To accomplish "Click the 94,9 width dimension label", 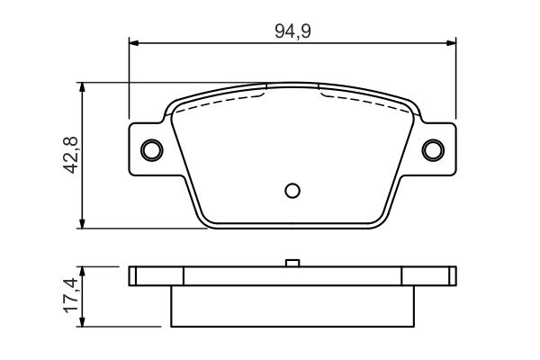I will pyautogui.click(x=292, y=31).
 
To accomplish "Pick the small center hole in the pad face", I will pyautogui.click(x=291, y=190).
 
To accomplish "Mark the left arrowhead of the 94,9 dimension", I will pyautogui.click(x=135, y=41).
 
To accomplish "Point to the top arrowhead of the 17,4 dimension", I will pyautogui.click(x=83, y=271).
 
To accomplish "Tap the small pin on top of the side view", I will pyautogui.click(x=291, y=263).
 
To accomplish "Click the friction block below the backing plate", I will pyautogui.click(x=291, y=306).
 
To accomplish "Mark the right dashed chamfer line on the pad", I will pyautogui.click(x=364, y=97).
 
